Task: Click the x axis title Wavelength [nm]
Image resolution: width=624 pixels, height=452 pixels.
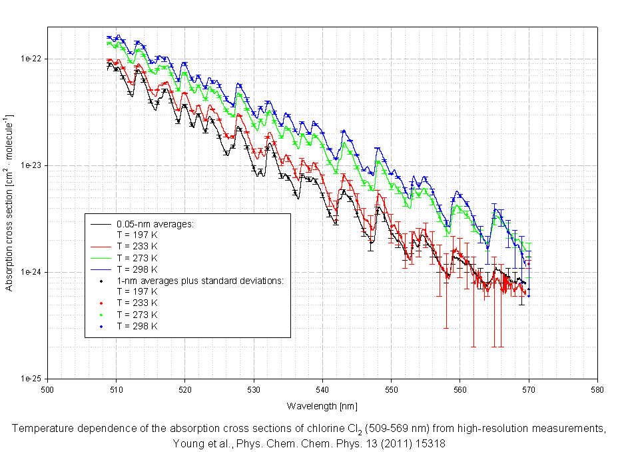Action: pos(322,406)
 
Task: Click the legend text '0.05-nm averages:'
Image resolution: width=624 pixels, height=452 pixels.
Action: pos(155,224)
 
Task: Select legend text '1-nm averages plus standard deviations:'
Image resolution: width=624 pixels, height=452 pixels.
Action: pos(200,281)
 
